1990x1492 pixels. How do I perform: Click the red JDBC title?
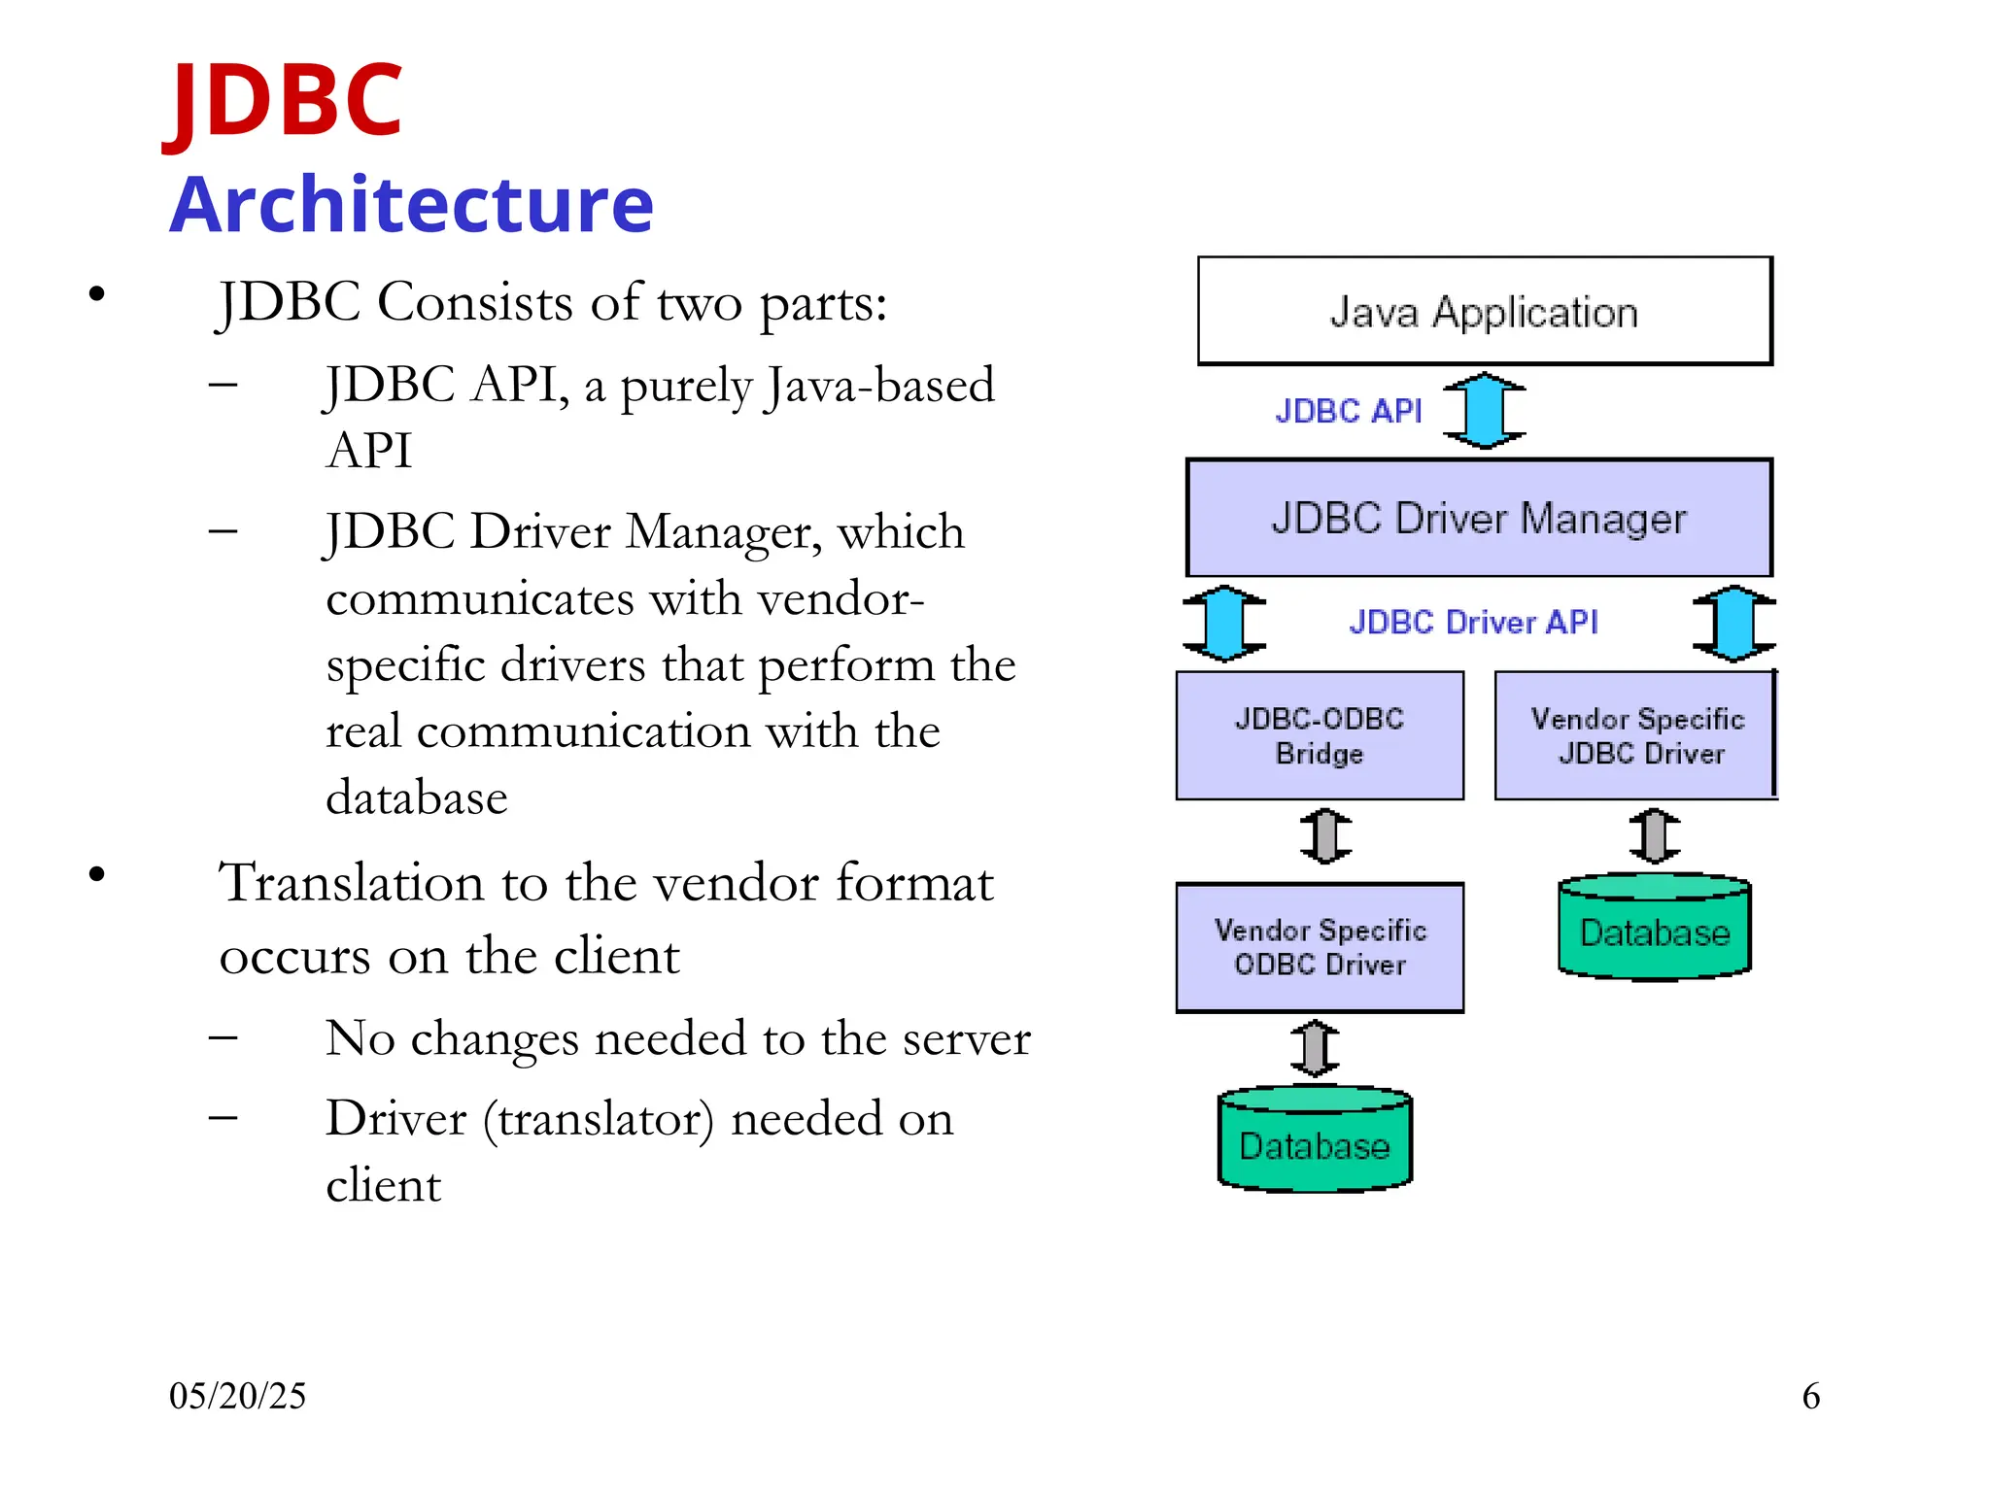(x=284, y=100)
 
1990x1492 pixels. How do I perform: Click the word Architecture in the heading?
(x=411, y=205)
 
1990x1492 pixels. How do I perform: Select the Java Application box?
(x=1484, y=312)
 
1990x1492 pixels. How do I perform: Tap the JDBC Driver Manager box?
(x=1478, y=518)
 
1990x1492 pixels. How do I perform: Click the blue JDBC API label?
(x=1348, y=411)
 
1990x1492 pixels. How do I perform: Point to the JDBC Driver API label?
(x=1473, y=622)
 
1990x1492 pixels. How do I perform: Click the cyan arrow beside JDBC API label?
(x=1484, y=411)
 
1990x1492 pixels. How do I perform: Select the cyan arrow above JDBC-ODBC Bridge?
(x=1223, y=623)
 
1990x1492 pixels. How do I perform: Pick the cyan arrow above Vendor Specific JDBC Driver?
(x=1733, y=623)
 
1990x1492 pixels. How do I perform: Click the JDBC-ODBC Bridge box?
(x=1319, y=735)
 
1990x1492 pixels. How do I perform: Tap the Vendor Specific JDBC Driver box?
(x=1636, y=735)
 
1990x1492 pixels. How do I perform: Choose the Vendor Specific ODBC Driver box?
(x=1319, y=947)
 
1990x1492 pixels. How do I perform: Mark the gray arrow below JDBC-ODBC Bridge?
(x=1325, y=836)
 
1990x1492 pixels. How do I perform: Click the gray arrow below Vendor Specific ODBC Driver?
(x=1315, y=1048)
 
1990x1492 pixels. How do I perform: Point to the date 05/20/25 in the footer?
(x=237, y=1396)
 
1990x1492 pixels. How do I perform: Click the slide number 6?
(x=1810, y=1396)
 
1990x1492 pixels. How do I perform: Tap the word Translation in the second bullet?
(x=351, y=883)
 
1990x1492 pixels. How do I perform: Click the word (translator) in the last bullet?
(x=599, y=1119)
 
